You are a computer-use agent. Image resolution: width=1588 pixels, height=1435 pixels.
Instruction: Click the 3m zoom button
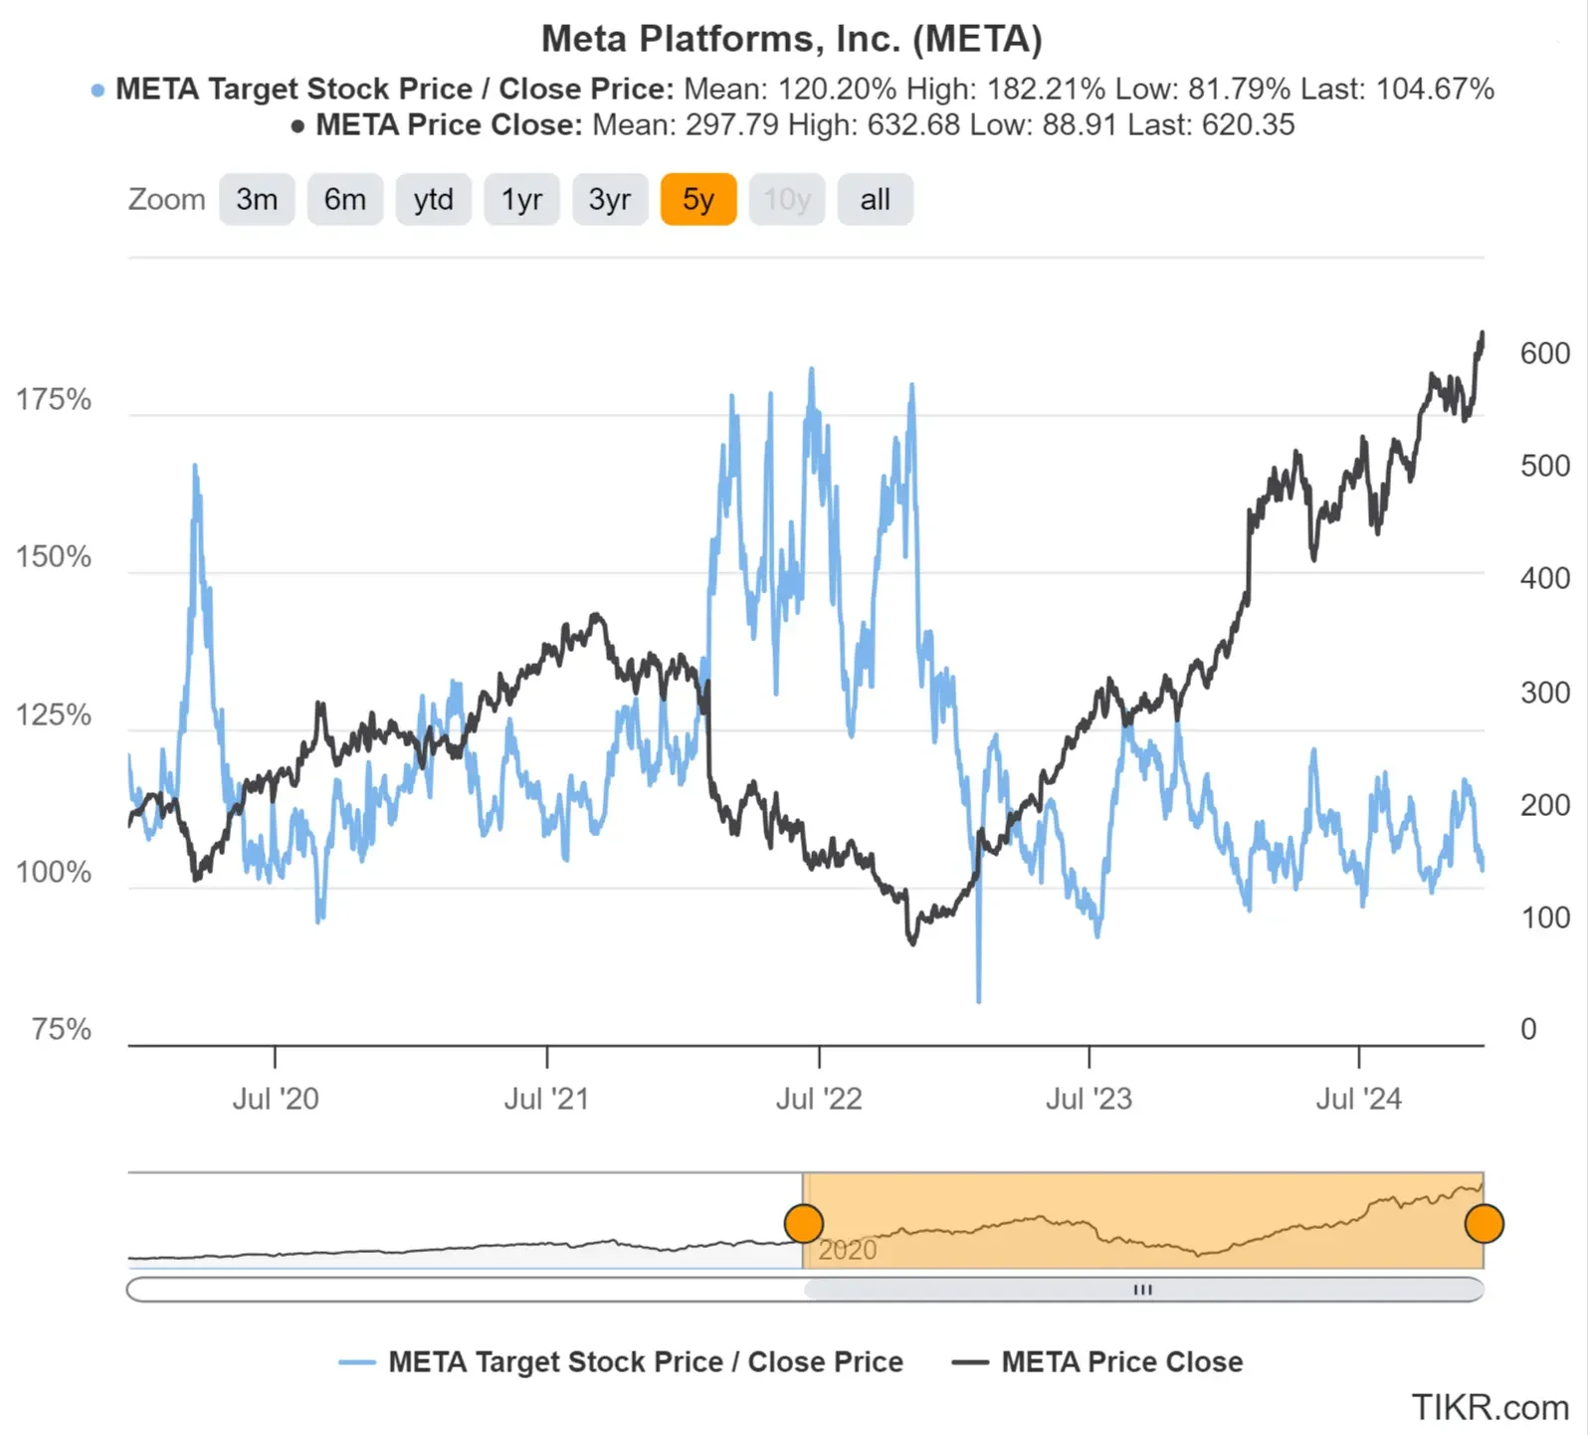pos(257,200)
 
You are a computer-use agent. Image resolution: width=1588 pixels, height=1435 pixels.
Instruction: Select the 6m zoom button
pos(344,200)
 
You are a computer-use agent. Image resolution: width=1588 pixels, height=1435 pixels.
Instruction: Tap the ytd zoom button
pos(433,200)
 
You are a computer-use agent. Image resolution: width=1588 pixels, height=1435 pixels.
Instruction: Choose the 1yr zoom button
pos(521,200)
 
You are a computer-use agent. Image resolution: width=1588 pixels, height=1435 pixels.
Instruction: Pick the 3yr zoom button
pos(609,200)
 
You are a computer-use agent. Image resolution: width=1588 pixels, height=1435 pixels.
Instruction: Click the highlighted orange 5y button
pos(697,200)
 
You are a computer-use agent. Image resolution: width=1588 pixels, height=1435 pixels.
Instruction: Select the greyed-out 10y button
pos(786,200)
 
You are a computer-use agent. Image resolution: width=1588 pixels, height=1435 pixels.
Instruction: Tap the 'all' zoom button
pos(875,200)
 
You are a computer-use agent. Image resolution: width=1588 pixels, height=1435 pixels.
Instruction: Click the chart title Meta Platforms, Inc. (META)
pos(792,39)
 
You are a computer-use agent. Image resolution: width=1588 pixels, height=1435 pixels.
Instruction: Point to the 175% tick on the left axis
pos(54,400)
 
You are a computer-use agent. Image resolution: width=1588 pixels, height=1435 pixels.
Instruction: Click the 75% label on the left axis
pos(62,1029)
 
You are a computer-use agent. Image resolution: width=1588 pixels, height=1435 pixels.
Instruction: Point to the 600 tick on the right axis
pos(1544,353)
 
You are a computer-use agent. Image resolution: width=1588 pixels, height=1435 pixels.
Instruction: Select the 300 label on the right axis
pos(1544,693)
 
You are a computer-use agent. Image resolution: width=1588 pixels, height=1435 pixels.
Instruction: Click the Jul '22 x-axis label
pos(818,1099)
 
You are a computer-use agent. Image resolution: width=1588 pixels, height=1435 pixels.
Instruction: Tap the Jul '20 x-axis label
pos(276,1099)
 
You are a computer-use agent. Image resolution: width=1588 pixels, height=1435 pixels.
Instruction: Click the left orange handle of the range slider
pos(804,1224)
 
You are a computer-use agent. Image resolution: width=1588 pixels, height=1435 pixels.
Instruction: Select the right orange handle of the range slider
pos(1484,1224)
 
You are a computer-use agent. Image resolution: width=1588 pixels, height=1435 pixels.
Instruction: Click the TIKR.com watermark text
pos(1489,1408)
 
